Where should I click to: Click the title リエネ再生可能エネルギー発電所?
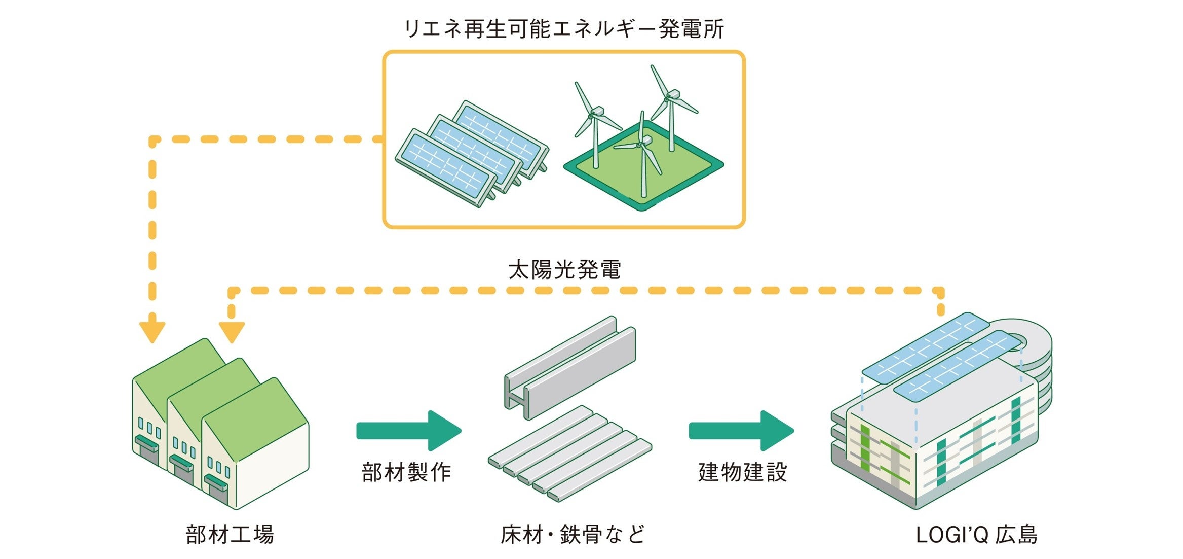(x=564, y=29)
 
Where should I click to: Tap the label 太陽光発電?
(x=564, y=269)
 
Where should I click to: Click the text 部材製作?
(x=406, y=472)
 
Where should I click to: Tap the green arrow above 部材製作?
(x=408, y=431)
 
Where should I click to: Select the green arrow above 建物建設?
(x=741, y=431)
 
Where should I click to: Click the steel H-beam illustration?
(x=570, y=368)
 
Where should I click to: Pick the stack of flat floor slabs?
(x=570, y=453)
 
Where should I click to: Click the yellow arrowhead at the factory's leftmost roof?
(x=152, y=332)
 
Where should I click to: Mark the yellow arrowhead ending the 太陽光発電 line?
(x=232, y=332)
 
